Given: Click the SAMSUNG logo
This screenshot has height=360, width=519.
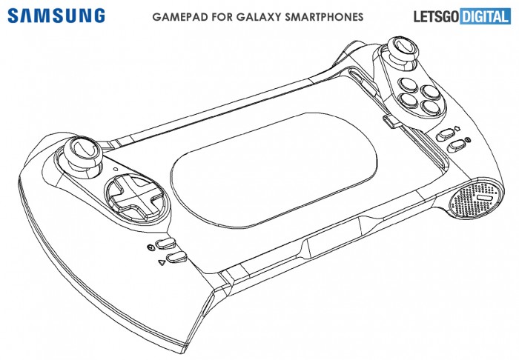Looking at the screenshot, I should (56, 16).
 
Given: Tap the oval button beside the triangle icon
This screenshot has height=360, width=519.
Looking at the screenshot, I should (177, 257).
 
